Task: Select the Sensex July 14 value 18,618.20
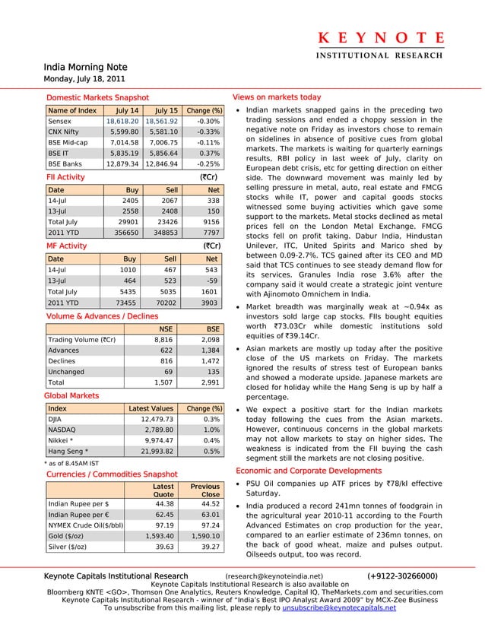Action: point(122,121)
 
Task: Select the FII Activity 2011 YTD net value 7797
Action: point(212,232)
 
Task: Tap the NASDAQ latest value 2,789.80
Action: point(157,430)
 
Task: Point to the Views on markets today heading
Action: point(277,98)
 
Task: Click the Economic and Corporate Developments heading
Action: point(312,471)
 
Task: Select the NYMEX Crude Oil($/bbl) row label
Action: point(86,525)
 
